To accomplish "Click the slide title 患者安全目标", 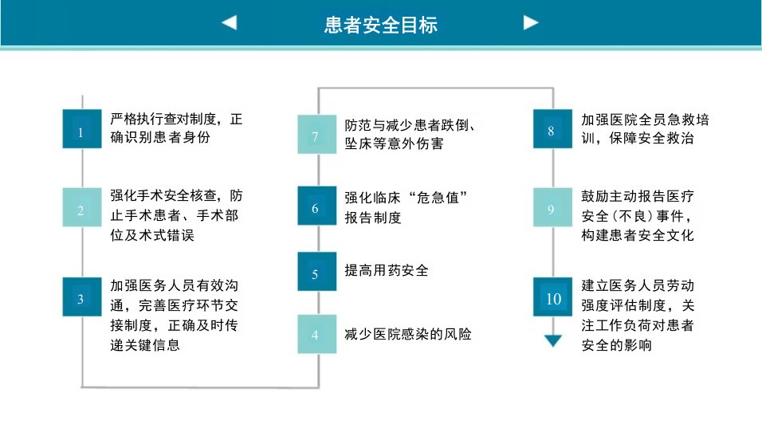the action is coord(380,25).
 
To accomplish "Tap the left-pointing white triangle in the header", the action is coord(229,23).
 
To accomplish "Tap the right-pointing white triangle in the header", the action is coord(531,23).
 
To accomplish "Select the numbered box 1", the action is coord(82,129).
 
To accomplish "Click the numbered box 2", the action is coord(82,207).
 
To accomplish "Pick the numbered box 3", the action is coord(82,296).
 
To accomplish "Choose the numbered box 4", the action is coord(317,334).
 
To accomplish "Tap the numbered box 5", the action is coord(317,272).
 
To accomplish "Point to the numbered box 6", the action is coord(317,206).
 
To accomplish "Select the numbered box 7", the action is coord(317,134).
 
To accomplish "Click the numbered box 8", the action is coord(552,129).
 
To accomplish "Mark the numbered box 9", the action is coord(552,207).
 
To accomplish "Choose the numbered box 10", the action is coord(552,296).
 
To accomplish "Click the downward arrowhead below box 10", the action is coord(553,340).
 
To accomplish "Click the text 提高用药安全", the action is coord(387,271).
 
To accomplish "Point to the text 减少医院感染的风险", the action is coord(408,334).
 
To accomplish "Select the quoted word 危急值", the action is coord(438,198).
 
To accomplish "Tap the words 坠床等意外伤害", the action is coord(394,143).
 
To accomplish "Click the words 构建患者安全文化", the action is coord(638,235).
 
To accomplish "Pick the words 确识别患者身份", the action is coord(160,137).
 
